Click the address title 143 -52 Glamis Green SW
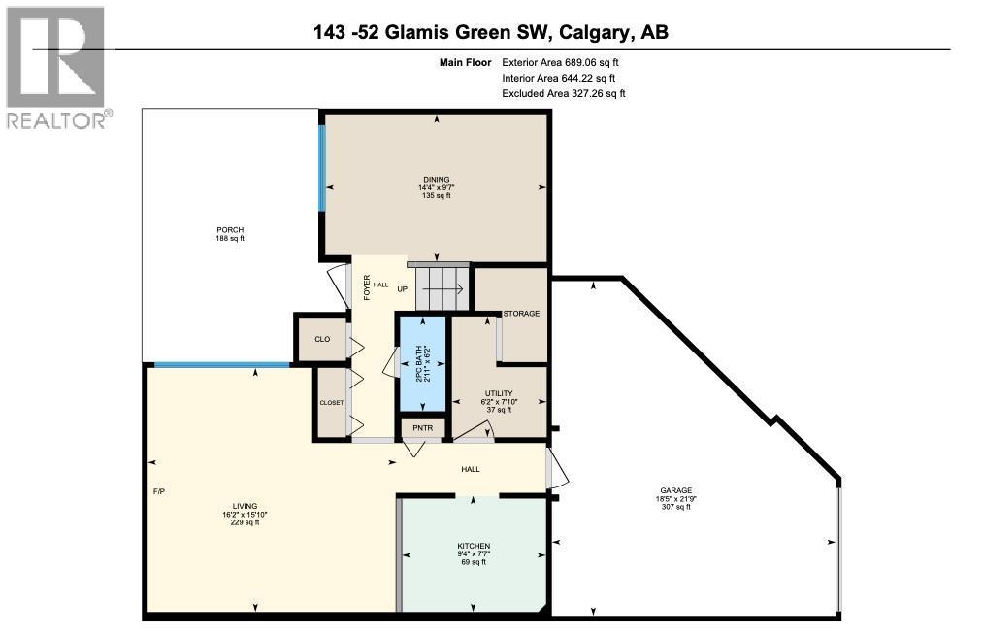pyautogui.click(x=490, y=33)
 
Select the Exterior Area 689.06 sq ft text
pyautogui.click(x=560, y=62)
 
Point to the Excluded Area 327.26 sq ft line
pyautogui.click(x=563, y=93)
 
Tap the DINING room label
pyautogui.click(x=436, y=180)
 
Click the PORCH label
pyautogui.click(x=230, y=230)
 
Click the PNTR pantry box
pyautogui.click(x=422, y=427)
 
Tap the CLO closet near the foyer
pyautogui.click(x=321, y=339)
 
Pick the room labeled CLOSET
pyautogui.click(x=331, y=402)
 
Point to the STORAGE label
pyautogui.click(x=520, y=314)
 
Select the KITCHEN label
pyautogui.click(x=474, y=547)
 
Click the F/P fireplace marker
pyautogui.click(x=159, y=491)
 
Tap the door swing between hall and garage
pyautogui.click(x=557, y=468)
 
